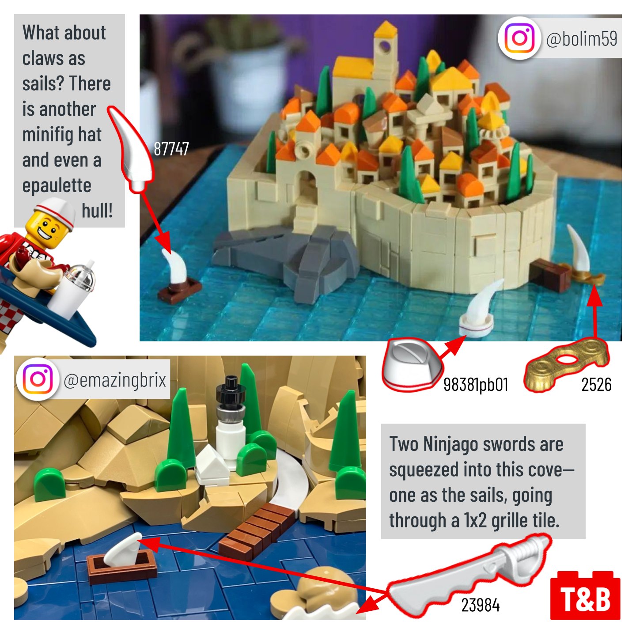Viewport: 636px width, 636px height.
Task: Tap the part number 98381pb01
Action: click(476, 384)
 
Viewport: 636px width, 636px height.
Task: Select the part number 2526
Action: click(596, 384)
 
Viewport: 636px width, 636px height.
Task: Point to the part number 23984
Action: click(480, 605)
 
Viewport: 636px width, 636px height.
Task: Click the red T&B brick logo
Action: click(585, 595)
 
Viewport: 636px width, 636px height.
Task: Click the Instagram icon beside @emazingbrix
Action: click(38, 379)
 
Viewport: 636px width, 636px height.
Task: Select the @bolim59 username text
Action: click(581, 38)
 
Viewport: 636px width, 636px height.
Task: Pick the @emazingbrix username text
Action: click(114, 380)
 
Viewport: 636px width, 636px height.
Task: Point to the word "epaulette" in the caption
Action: click(57, 186)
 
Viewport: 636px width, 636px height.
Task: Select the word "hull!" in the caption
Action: click(97, 210)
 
